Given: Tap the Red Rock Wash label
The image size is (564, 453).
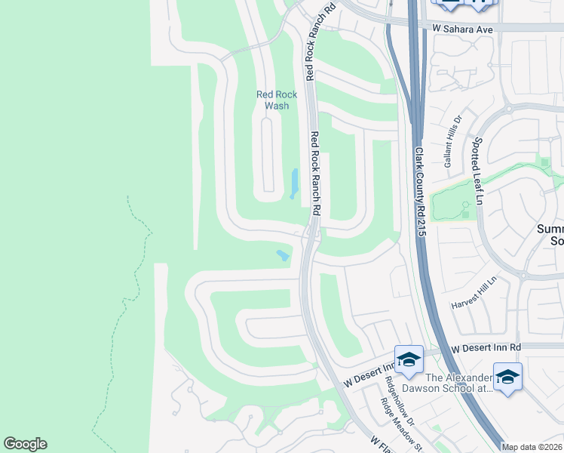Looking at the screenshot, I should pos(277,100).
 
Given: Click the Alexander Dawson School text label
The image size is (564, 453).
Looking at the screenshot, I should pos(458,384).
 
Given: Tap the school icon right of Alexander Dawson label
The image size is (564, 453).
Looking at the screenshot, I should pos(507,376).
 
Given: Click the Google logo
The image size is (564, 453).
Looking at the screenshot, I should pos(25,444).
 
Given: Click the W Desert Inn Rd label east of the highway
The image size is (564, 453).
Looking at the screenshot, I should pos(486,347).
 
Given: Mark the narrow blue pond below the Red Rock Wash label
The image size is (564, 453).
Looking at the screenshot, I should pos(295,183).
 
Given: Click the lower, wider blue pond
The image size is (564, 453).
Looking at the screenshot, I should pos(284,256).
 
